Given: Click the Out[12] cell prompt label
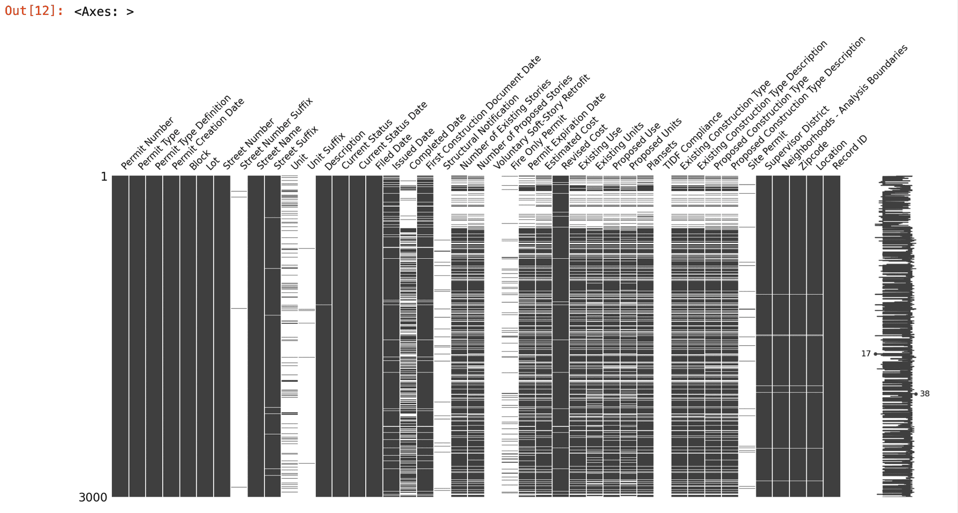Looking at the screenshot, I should (x=34, y=11).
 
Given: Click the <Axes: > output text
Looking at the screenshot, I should (x=104, y=12).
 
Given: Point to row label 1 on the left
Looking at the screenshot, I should (x=104, y=177).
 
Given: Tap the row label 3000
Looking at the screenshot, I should (x=93, y=497).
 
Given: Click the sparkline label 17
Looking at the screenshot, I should (x=866, y=354).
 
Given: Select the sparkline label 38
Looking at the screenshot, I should (x=925, y=394).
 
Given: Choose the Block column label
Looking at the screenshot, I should (x=200, y=160).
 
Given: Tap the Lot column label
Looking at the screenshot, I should (x=213, y=163).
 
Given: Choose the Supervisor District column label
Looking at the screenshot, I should (x=797, y=138).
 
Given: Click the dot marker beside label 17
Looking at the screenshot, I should (x=876, y=354).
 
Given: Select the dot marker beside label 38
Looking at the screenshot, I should (x=916, y=394).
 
